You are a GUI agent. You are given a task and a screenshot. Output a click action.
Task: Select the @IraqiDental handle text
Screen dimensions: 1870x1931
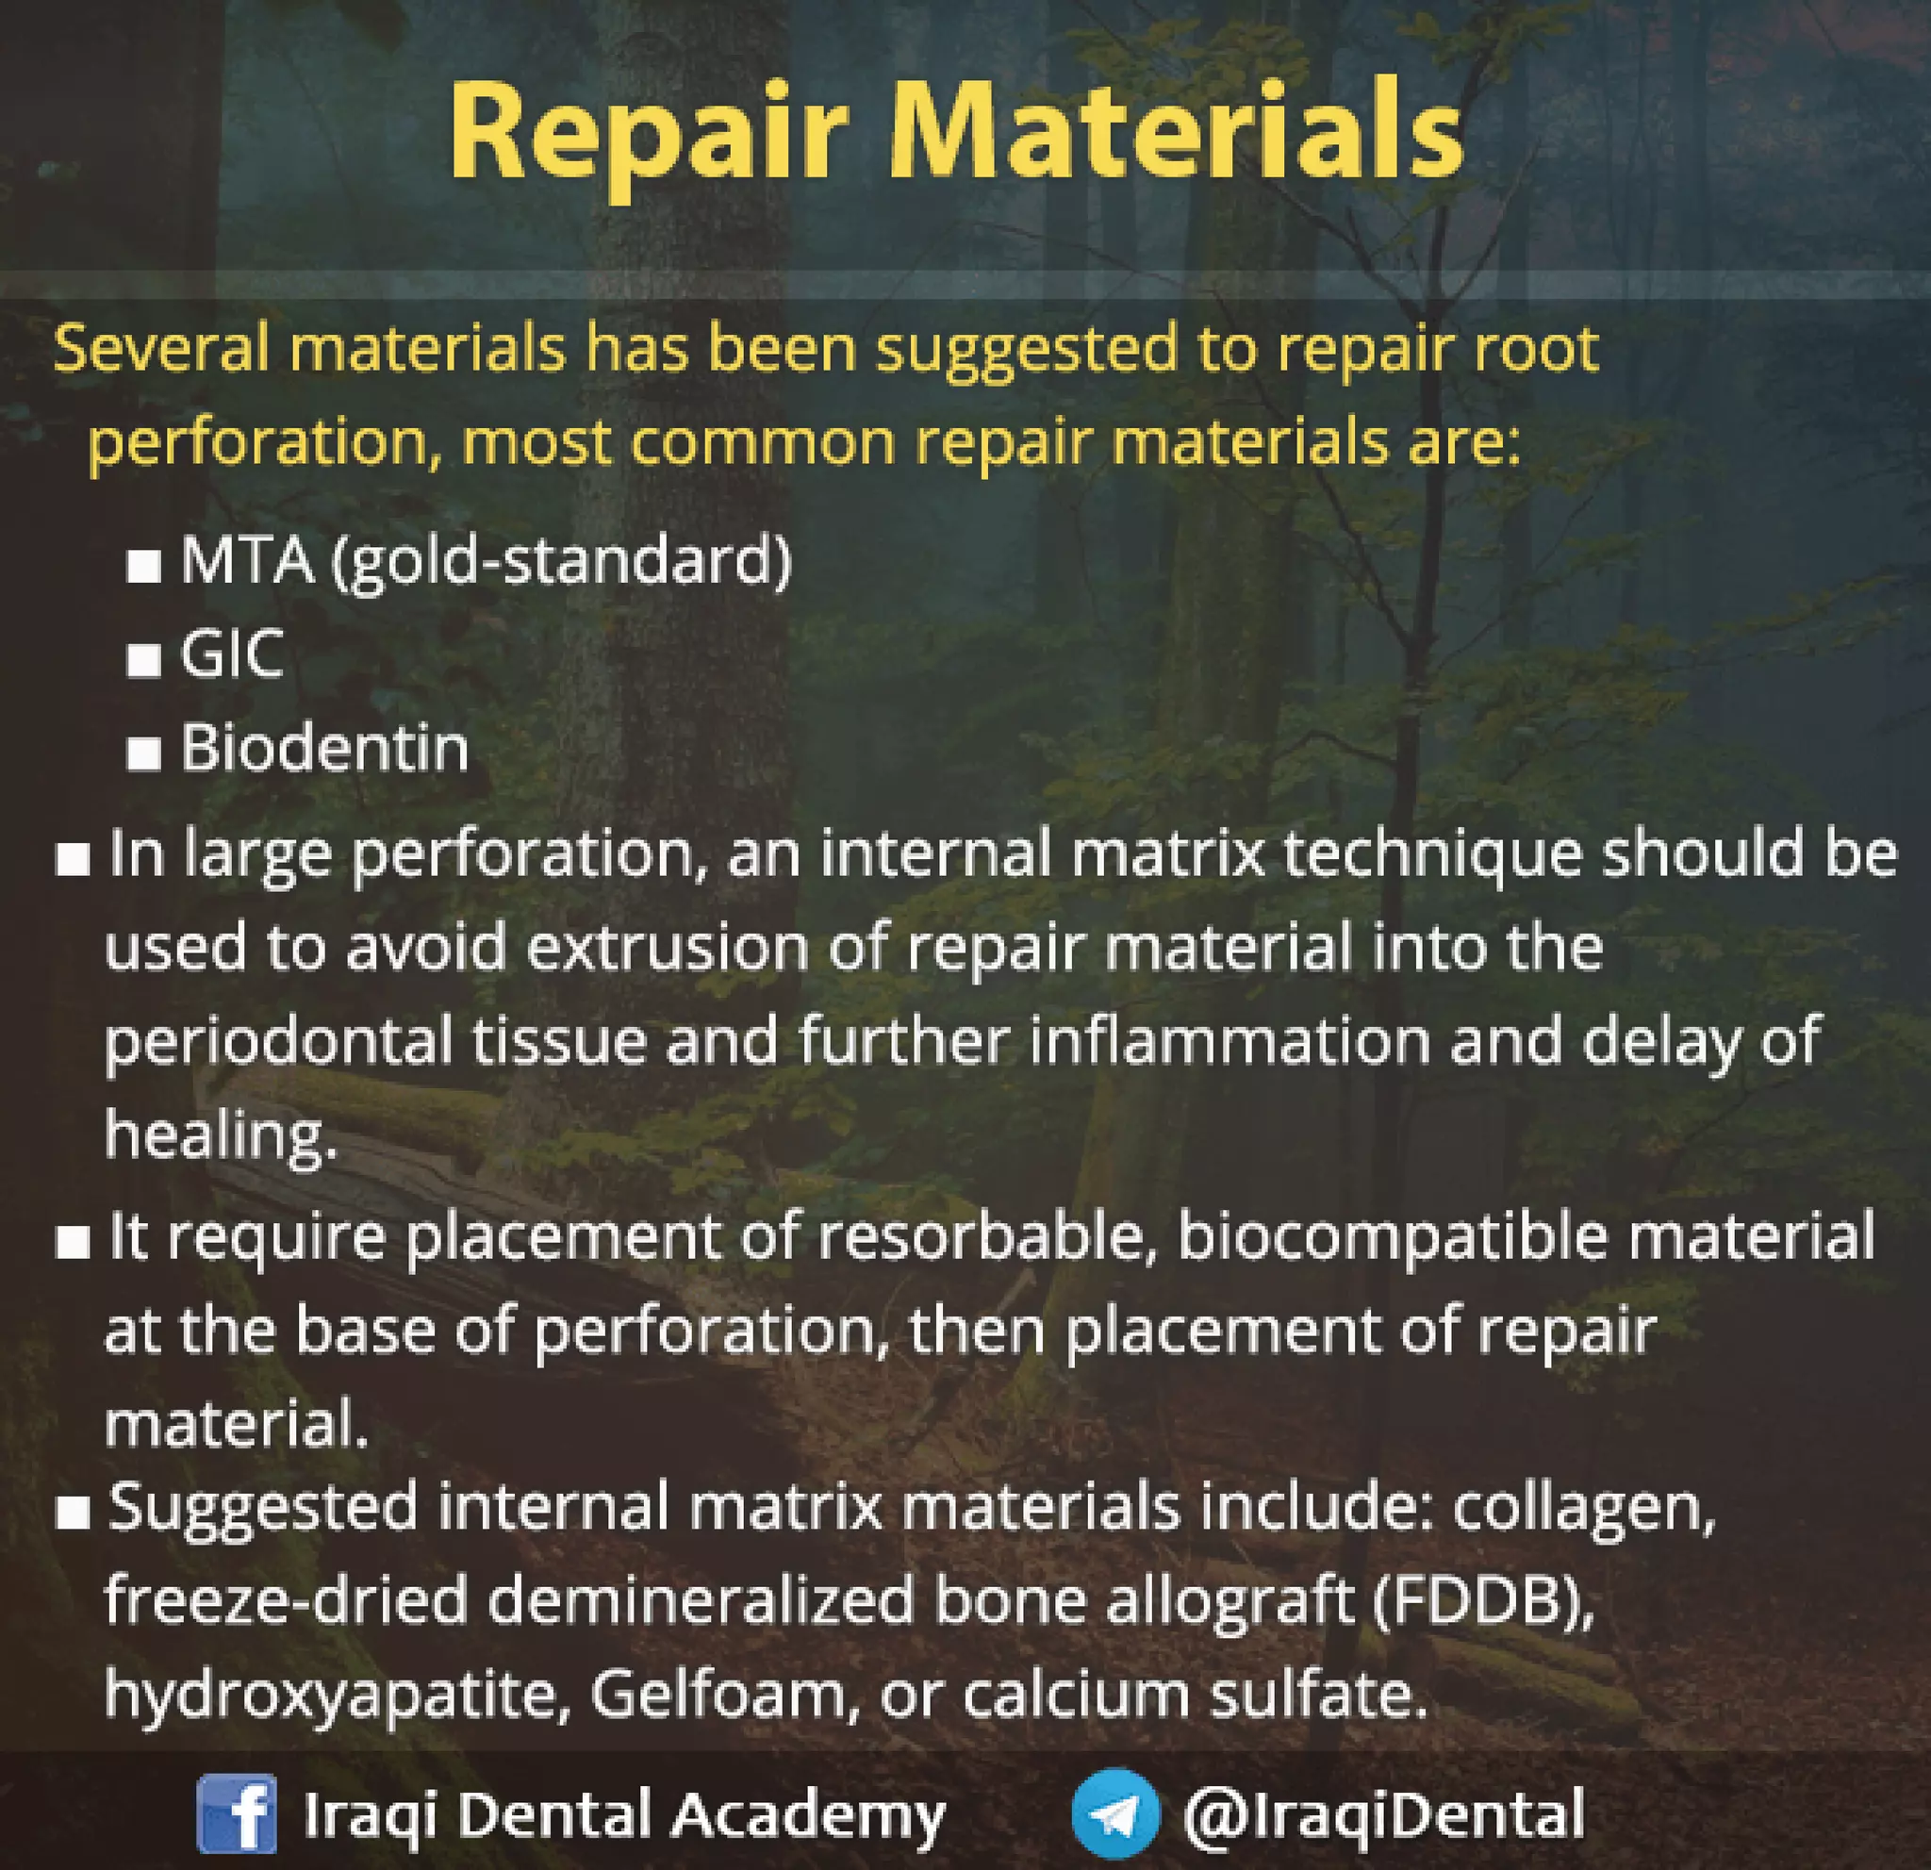[1383, 1813]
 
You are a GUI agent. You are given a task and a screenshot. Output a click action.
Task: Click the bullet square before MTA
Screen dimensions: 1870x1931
[144, 568]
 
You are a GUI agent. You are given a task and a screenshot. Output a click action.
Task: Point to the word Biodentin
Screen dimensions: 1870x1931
[324, 748]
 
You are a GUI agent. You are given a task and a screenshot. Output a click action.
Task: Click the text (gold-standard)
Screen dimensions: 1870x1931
[562, 562]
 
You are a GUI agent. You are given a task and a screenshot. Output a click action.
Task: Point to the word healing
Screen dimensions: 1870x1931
[221, 1136]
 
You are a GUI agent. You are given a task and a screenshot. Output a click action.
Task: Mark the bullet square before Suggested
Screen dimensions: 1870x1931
[73, 1514]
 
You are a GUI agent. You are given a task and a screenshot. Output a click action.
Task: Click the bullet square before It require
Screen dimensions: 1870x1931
[73, 1245]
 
